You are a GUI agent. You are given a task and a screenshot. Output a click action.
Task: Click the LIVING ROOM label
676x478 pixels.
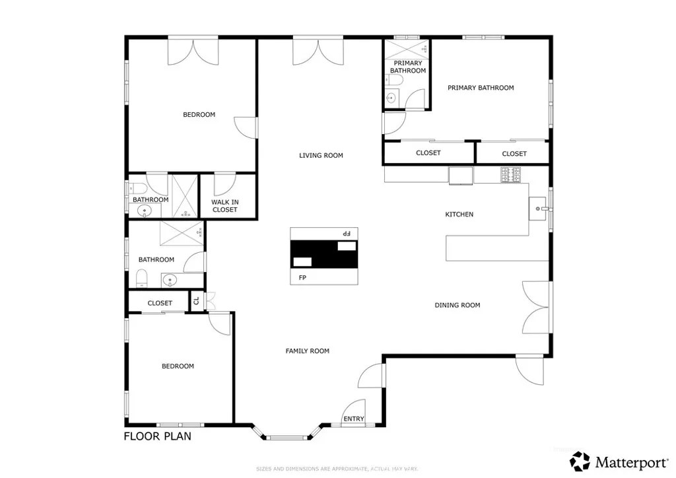pyautogui.click(x=321, y=156)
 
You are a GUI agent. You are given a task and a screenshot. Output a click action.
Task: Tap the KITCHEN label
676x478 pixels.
pyautogui.click(x=459, y=215)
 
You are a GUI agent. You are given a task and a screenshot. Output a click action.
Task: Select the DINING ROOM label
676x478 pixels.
pyautogui.click(x=457, y=305)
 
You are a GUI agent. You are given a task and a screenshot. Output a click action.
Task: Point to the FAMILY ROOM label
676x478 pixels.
pyautogui.click(x=307, y=351)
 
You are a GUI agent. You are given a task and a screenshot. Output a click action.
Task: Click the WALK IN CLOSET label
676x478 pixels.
pyautogui.click(x=224, y=206)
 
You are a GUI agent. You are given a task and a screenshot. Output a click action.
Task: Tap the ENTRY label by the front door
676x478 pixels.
pyautogui.click(x=353, y=419)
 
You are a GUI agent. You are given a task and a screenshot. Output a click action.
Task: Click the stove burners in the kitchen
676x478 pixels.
pyautogui.click(x=510, y=175)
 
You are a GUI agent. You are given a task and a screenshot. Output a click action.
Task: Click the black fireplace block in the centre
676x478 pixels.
pyautogui.click(x=323, y=254)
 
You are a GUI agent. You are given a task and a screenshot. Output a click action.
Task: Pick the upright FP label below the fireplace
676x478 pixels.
pyautogui.click(x=302, y=278)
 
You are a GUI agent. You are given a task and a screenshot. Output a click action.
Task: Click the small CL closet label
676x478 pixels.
pyautogui.click(x=196, y=302)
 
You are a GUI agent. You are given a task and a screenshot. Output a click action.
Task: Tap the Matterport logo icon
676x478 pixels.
pyautogui.click(x=580, y=460)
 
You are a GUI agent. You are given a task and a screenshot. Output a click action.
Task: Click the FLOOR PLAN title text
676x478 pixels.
pyautogui.click(x=158, y=436)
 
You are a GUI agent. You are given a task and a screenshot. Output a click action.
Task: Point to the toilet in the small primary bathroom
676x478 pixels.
pyautogui.click(x=394, y=80)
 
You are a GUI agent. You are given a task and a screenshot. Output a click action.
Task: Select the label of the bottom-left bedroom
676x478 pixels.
pyautogui.click(x=178, y=366)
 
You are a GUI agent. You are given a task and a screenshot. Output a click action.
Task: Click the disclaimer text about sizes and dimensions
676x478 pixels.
pyautogui.click(x=337, y=469)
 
